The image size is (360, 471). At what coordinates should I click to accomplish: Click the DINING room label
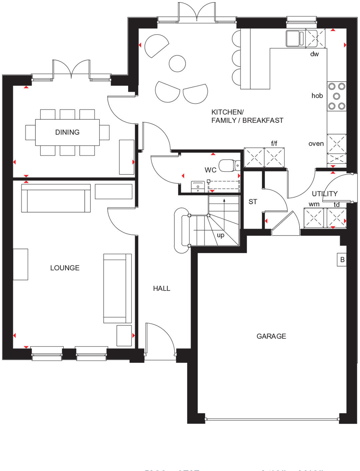coord(67,132)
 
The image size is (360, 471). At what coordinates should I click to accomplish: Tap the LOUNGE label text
coord(65,268)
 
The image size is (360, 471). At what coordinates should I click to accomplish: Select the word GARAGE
coord(271,336)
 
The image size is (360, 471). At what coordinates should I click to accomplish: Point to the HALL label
coord(161,289)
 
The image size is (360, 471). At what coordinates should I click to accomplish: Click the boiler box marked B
coord(342,260)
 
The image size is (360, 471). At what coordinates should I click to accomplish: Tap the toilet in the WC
coord(228,165)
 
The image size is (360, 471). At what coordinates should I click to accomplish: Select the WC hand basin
coord(198,187)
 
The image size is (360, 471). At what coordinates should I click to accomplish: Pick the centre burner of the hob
coord(337,96)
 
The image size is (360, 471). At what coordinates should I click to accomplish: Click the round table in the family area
coord(177,63)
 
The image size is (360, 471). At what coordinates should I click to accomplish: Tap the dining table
coord(67,132)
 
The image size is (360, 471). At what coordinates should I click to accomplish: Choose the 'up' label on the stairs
coord(221,235)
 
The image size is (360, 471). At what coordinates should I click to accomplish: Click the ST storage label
coord(253,202)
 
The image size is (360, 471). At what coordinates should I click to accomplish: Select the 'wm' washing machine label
coord(314,204)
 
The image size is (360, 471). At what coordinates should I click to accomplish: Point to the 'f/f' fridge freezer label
coord(274,143)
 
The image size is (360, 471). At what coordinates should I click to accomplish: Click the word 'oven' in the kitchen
coord(316,144)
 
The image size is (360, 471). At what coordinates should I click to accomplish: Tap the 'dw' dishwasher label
coord(314,54)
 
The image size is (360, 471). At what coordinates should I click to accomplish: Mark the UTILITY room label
coord(325,194)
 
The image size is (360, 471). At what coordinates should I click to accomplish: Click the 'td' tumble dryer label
coord(337,204)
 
